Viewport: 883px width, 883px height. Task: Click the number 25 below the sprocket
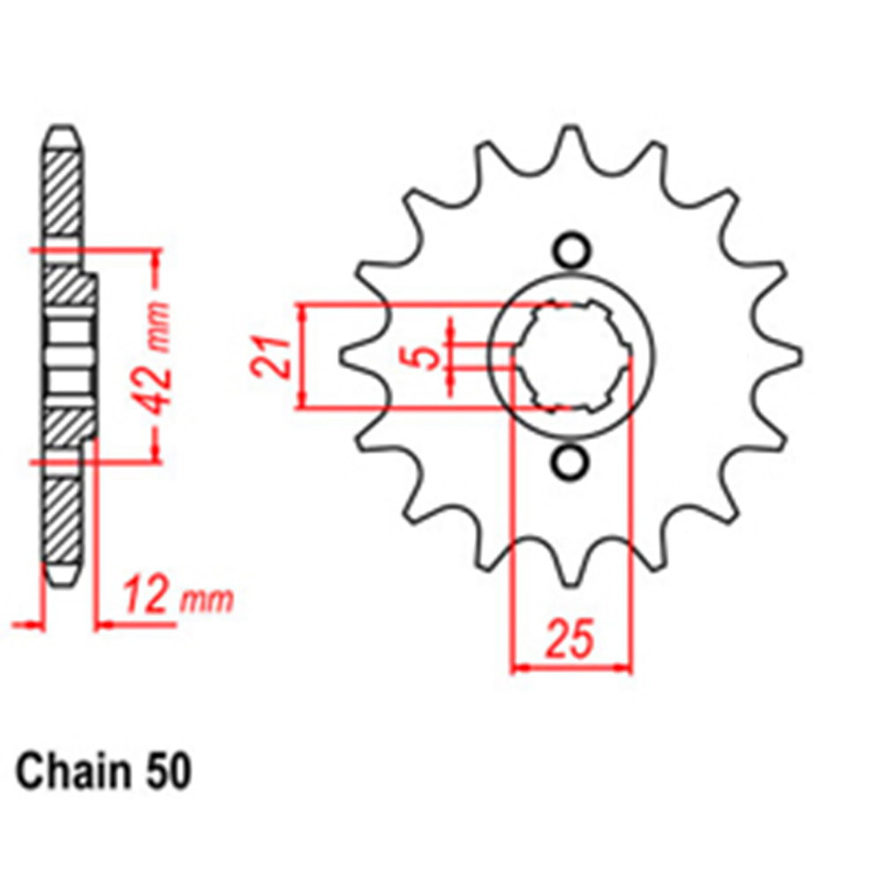570,639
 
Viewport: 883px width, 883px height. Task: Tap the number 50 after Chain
167,772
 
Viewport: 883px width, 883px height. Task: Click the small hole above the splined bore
571,250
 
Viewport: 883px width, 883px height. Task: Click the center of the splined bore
572,357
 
